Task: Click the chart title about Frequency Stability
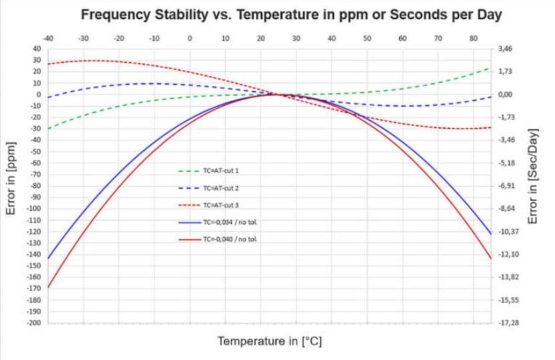click(x=291, y=14)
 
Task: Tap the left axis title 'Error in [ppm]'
click(x=11, y=179)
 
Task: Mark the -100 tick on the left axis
click(x=36, y=208)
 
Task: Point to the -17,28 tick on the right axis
click(x=508, y=323)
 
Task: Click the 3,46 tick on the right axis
click(x=505, y=48)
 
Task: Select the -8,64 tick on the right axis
click(x=507, y=208)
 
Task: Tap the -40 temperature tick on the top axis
click(x=48, y=38)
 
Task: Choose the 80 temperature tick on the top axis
click(x=473, y=38)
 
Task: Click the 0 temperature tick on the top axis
click(x=190, y=38)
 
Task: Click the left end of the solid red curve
click(x=49, y=287)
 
